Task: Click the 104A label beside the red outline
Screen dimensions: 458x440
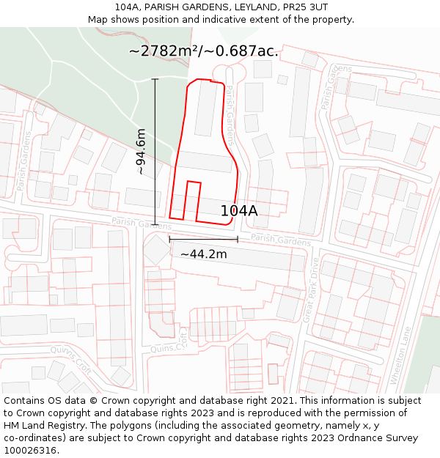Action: click(x=239, y=211)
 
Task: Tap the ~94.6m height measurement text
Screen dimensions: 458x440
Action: click(x=142, y=152)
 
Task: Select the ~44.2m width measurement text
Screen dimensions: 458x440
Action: click(x=204, y=254)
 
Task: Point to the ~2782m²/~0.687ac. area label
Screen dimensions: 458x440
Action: click(x=203, y=51)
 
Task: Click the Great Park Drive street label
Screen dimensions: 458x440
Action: click(x=311, y=290)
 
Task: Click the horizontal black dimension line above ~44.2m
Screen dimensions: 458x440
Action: click(x=203, y=239)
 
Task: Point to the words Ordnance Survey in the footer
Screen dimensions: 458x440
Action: click(x=379, y=438)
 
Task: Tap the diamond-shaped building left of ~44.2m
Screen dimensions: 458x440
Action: click(x=156, y=250)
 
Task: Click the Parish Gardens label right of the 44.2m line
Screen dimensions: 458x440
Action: click(x=281, y=240)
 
